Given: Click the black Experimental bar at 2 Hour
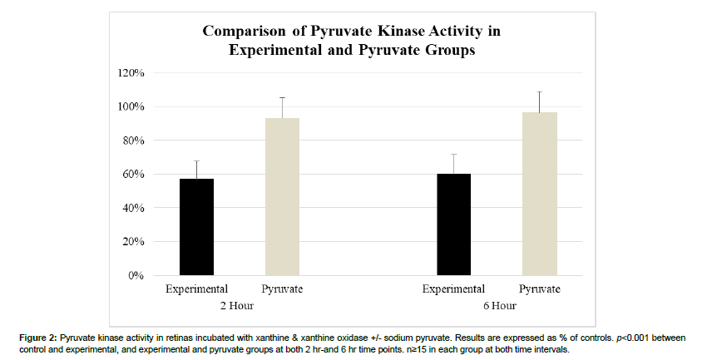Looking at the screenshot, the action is point(196,227).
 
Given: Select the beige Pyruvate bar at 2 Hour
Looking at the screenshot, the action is point(283,196).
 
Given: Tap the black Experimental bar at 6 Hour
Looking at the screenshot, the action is point(453,224).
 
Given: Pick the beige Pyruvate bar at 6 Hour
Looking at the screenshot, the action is point(540,194).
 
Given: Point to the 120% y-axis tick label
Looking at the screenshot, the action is point(131,72).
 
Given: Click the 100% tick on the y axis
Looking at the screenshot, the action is point(131,106).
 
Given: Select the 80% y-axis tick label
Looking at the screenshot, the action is point(133,141).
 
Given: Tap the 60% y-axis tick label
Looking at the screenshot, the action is point(133,174).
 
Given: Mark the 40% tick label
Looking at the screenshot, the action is point(133,208).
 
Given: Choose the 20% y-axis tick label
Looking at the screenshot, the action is point(133,242).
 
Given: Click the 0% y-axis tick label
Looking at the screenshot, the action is point(136,275).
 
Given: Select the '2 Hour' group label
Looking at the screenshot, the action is point(237,306).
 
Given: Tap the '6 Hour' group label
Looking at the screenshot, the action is point(500,306).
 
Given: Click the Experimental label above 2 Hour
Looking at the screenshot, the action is point(196,289).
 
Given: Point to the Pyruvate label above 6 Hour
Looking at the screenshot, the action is point(540,289).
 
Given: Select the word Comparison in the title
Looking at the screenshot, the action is point(244,32).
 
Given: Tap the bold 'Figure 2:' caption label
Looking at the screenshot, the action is point(38,338).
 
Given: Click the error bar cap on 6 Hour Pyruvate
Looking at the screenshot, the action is point(540,91).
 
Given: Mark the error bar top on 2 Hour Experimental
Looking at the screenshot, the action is point(196,160).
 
